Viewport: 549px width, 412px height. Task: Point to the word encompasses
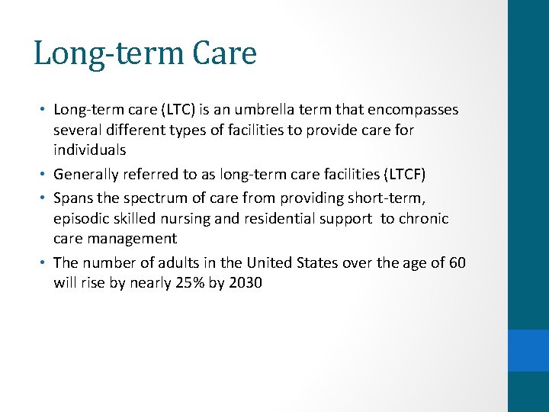(412, 110)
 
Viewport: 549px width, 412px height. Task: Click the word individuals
(89, 150)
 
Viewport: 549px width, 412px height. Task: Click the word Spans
(73, 198)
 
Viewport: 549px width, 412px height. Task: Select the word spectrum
(155, 198)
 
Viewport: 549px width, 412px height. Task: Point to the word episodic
(82, 219)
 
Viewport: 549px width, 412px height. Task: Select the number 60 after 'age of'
(457, 263)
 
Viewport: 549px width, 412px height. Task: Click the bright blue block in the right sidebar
(528, 350)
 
